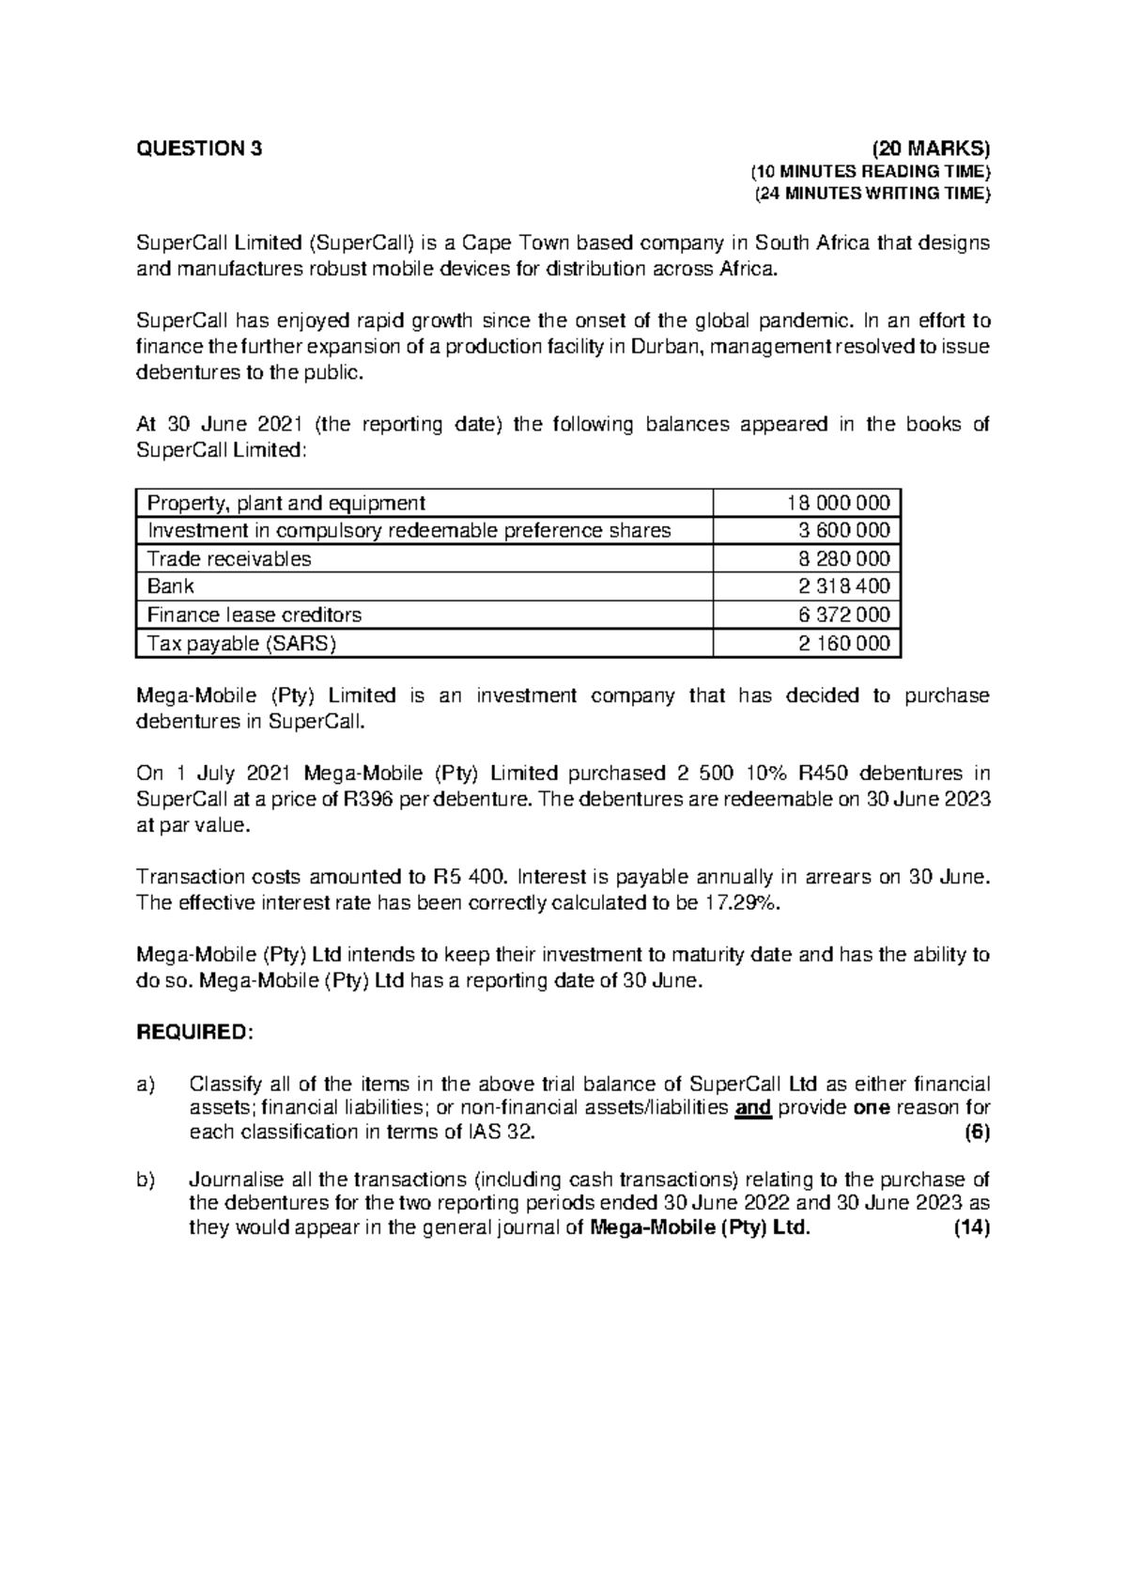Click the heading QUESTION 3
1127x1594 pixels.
pyautogui.click(x=200, y=148)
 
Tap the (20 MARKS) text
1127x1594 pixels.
pyautogui.click(x=931, y=148)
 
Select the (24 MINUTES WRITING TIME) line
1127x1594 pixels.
pyautogui.click(x=872, y=195)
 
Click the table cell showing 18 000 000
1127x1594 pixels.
pyautogui.click(x=838, y=503)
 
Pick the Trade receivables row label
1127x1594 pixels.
pyautogui.click(x=229, y=559)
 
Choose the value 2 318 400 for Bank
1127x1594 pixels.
pyautogui.click(x=843, y=586)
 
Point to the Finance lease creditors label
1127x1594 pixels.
pyautogui.click(x=255, y=616)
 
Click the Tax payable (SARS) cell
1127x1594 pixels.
pyautogui.click(x=241, y=644)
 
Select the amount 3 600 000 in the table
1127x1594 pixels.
pyautogui.click(x=843, y=531)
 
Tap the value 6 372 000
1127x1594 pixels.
pyautogui.click(x=843, y=616)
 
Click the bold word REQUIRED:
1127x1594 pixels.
pyautogui.click(x=195, y=1033)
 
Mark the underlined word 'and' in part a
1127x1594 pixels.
pyautogui.click(x=752, y=1108)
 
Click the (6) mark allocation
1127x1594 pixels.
pyautogui.click(x=978, y=1133)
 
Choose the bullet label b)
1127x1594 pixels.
pyautogui.click(x=146, y=1180)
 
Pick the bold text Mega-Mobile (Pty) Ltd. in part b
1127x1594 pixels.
pyautogui.click(x=697, y=1229)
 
